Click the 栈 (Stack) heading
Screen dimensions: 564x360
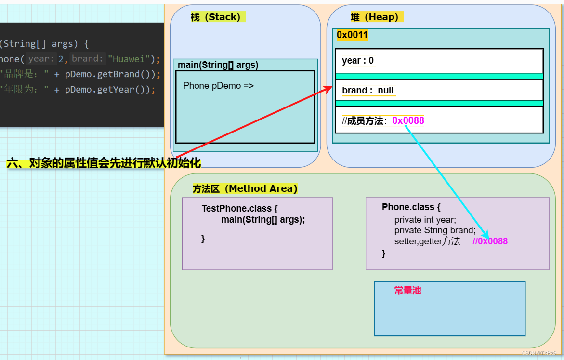(215, 17)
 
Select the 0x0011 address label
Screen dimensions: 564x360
(352, 35)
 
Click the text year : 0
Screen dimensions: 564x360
(358, 60)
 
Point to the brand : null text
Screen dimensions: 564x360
(367, 90)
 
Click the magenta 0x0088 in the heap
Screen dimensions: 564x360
(408, 120)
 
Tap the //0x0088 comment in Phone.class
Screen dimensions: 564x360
(490, 241)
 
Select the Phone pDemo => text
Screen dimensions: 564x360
(218, 86)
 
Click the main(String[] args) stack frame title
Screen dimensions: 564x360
(218, 65)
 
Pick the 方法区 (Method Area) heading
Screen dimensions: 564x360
(245, 188)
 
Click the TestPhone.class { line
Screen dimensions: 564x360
(239, 209)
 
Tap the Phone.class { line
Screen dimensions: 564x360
(411, 207)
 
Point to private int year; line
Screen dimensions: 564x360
(425, 220)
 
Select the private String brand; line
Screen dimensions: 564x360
(435, 230)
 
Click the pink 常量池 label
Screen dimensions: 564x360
(407, 291)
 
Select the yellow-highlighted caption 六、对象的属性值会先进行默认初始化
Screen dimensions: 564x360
(104, 163)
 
